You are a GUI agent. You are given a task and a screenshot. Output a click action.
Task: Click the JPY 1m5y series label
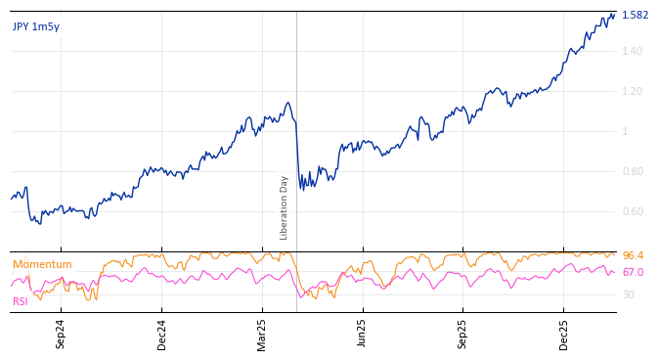(36, 26)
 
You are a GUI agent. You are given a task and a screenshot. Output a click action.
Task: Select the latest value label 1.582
(635, 16)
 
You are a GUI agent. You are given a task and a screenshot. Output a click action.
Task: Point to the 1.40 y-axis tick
(633, 51)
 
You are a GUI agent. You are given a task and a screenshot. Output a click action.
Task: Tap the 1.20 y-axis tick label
(633, 91)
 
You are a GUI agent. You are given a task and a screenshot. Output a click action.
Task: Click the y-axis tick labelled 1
(626, 131)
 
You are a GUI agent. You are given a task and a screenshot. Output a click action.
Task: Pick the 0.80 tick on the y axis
(633, 171)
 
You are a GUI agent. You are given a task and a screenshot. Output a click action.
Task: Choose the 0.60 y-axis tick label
(633, 211)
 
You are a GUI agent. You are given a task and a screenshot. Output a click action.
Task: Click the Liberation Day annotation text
(285, 207)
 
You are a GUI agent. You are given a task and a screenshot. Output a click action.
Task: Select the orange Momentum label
(42, 265)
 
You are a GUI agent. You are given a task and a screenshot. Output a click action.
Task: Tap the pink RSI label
(21, 301)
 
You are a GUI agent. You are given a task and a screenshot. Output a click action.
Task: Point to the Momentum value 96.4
(633, 256)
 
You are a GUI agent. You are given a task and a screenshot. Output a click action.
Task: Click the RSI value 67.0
(633, 273)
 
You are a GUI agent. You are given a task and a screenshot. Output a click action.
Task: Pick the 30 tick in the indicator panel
(628, 294)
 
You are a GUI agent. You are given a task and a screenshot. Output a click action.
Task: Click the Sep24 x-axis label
(61, 334)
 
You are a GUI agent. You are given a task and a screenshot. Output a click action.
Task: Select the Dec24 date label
(161, 334)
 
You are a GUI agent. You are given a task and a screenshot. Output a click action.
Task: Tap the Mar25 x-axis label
(262, 334)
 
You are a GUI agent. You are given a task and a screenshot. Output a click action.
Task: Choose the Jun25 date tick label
(362, 334)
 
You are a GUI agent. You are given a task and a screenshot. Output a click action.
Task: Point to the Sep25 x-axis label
(462, 334)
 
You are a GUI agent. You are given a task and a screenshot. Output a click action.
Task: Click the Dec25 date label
(563, 334)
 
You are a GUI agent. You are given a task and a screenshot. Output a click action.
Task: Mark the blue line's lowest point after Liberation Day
(302, 189)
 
